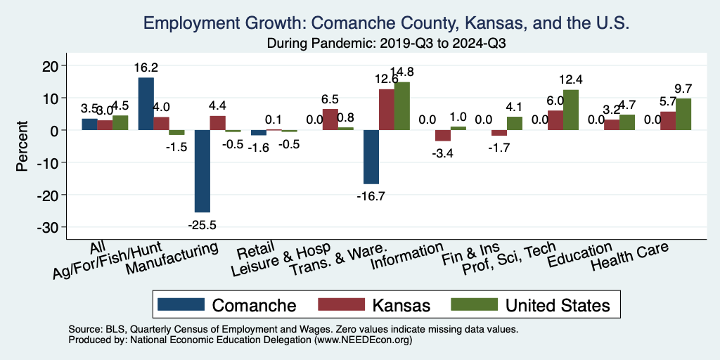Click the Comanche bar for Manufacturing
(x=202, y=171)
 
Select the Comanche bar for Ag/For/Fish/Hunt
(x=146, y=104)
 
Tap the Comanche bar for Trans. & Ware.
(x=371, y=157)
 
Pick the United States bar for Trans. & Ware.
(x=402, y=106)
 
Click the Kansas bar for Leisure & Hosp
(x=330, y=120)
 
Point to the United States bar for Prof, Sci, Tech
(x=572, y=110)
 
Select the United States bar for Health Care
(x=683, y=114)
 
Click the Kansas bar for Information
(x=442, y=136)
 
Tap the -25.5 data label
(x=202, y=225)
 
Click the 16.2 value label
(x=146, y=67)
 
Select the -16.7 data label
(x=371, y=196)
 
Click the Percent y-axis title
(x=23, y=147)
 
